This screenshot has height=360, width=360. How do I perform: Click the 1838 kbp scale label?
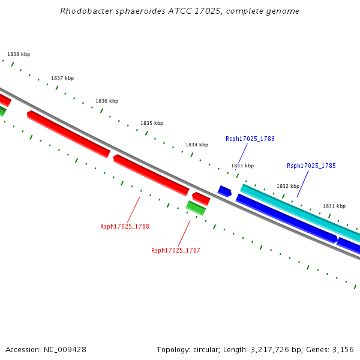click(x=19, y=54)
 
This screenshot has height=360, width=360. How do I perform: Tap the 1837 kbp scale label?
click(x=62, y=78)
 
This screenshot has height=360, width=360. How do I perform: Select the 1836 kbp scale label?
click(x=107, y=101)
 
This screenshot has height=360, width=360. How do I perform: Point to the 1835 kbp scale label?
click(x=152, y=123)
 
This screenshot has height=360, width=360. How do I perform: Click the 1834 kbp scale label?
click(x=197, y=145)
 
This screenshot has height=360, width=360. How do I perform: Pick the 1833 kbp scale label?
click(x=242, y=166)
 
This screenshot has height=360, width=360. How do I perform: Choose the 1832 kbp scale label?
click(x=287, y=186)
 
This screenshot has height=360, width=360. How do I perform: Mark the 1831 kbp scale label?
click(x=334, y=206)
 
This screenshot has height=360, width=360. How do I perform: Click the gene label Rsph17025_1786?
click(x=250, y=139)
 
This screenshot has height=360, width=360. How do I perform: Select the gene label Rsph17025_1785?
click(x=311, y=166)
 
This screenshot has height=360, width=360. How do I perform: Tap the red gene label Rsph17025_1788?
click(x=125, y=226)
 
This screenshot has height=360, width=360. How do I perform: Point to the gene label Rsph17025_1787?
click(x=176, y=250)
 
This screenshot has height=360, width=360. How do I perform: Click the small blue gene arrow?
click(x=224, y=191)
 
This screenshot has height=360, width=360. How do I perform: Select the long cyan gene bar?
click(x=297, y=211)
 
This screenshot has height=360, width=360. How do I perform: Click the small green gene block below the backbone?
click(x=196, y=208)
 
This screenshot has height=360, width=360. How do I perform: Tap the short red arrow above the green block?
click(x=201, y=198)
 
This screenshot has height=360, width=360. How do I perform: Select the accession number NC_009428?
click(x=66, y=349)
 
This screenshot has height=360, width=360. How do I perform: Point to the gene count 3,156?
click(x=343, y=349)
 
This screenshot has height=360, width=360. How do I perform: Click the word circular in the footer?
click(x=204, y=349)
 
